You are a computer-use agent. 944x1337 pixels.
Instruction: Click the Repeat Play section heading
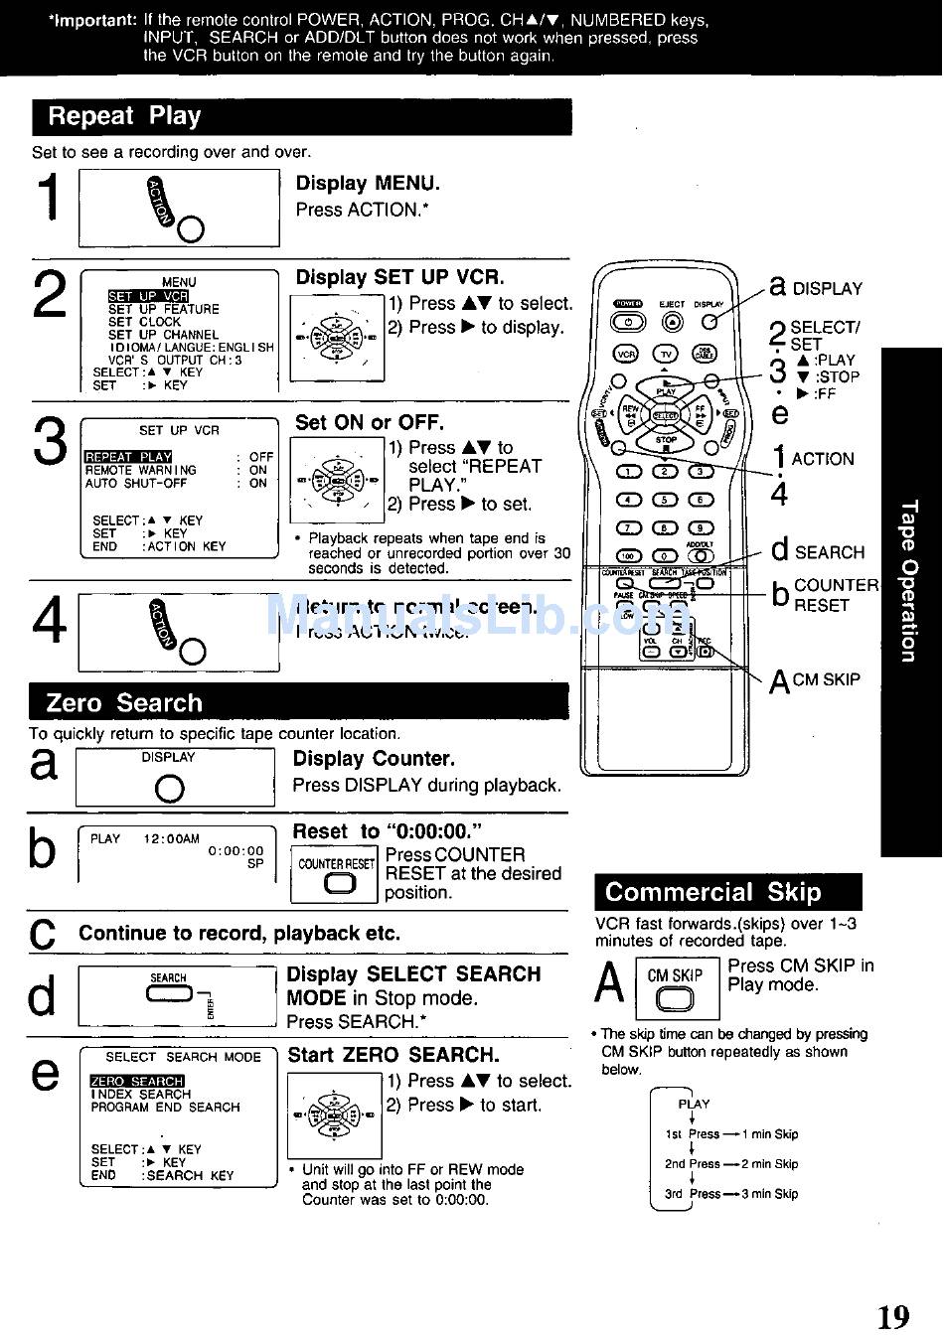click(x=124, y=116)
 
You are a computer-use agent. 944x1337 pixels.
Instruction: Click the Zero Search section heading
click(x=124, y=702)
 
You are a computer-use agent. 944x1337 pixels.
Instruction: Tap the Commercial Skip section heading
click(x=712, y=891)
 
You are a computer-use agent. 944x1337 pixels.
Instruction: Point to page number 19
click(x=892, y=1317)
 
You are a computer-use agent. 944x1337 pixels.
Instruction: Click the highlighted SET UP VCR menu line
click(x=148, y=296)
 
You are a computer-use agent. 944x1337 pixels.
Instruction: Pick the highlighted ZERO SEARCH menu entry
click(x=137, y=1081)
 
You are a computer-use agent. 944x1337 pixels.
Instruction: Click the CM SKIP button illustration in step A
click(x=675, y=998)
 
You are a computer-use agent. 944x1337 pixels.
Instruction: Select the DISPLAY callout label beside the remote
click(x=827, y=289)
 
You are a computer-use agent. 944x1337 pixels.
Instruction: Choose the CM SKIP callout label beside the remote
click(x=826, y=679)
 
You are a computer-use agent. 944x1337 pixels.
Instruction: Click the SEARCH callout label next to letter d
click(x=829, y=552)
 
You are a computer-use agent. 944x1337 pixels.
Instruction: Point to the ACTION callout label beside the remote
click(x=823, y=459)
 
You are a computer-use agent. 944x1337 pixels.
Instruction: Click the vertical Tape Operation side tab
click(x=909, y=582)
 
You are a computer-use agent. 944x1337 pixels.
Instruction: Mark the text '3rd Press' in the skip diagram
click(x=692, y=1194)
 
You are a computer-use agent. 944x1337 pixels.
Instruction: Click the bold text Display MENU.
click(x=368, y=183)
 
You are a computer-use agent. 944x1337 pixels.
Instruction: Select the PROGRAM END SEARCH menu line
click(x=165, y=1107)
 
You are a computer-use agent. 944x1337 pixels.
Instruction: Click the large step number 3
click(x=51, y=442)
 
